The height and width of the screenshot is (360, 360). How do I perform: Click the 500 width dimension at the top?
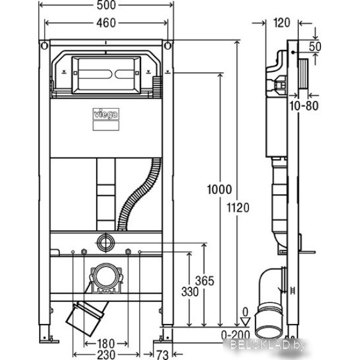(x=106, y=5)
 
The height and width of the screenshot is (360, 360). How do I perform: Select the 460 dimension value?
(x=106, y=23)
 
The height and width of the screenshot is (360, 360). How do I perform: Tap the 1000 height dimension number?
(x=220, y=190)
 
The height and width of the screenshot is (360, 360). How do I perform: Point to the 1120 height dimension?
(x=238, y=208)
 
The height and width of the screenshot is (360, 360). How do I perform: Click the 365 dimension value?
(x=205, y=281)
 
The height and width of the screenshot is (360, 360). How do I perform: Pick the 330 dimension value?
(x=190, y=292)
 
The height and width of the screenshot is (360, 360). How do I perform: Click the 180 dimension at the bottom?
(x=106, y=344)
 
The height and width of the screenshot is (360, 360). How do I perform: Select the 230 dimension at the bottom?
(x=106, y=355)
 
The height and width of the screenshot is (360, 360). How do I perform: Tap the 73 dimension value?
(x=163, y=355)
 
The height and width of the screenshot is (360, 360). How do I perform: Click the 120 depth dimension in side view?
(x=282, y=23)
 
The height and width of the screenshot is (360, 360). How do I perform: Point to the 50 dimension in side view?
(x=315, y=47)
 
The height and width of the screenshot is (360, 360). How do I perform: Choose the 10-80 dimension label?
(x=304, y=106)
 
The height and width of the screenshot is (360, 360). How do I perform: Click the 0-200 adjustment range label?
(x=236, y=335)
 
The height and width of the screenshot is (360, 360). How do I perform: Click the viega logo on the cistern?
(x=106, y=114)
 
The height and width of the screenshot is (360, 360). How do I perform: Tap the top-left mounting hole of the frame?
(x=44, y=46)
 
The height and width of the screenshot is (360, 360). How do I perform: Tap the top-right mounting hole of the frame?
(x=168, y=46)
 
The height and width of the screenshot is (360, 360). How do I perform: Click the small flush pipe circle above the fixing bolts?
(x=106, y=242)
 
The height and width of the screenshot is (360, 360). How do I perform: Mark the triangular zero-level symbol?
(x=245, y=322)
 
